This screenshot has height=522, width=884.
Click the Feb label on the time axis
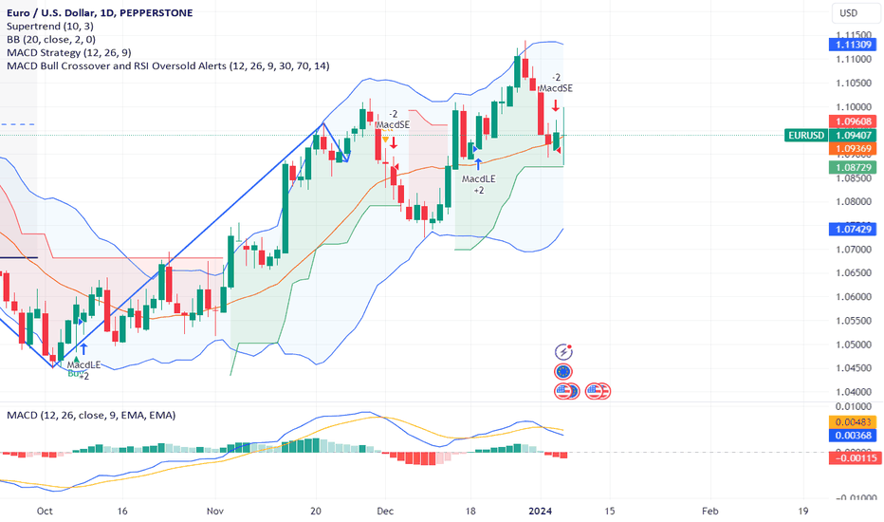point(711,509)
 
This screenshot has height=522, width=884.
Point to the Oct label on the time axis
point(43,509)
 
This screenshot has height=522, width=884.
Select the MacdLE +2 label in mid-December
point(479,184)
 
